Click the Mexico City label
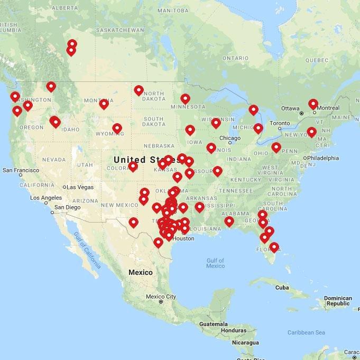(x=161, y=297)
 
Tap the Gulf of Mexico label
(x=215, y=263)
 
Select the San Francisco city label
(x=21, y=170)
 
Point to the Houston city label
(x=183, y=238)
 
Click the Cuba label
(x=282, y=288)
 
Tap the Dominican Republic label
(x=338, y=301)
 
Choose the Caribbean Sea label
(x=306, y=333)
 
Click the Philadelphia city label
(x=322, y=158)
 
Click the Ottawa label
(x=290, y=108)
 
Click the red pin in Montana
(x=104, y=103)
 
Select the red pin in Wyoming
(x=117, y=127)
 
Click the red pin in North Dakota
(x=139, y=89)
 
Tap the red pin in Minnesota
(x=185, y=98)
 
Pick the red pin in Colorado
(x=133, y=166)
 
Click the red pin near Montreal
(x=313, y=103)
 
